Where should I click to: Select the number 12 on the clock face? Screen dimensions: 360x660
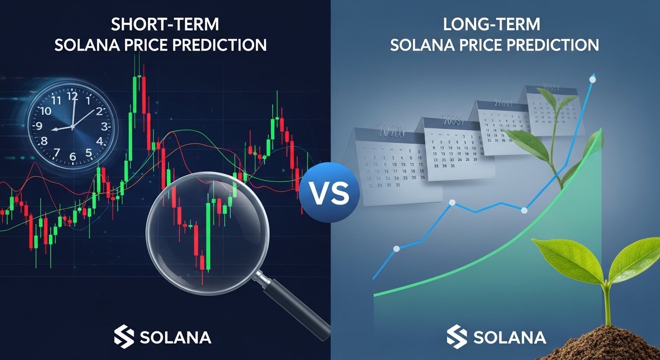click(72, 96)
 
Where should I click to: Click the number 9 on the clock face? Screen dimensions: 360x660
click(39, 126)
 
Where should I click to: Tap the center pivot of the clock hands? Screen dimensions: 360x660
click(73, 127)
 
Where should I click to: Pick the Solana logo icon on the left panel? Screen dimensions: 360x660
click(124, 337)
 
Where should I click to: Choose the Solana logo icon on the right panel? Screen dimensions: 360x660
click(457, 337)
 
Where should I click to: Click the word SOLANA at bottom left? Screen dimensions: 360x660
click(175, 337)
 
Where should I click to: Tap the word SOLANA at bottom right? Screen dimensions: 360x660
click(510, 337)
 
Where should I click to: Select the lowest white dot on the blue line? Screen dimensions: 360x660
click(396, 249)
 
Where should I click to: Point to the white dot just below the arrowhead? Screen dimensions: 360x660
click(592, 80)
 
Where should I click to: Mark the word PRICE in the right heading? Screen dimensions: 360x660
click(486, 45)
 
